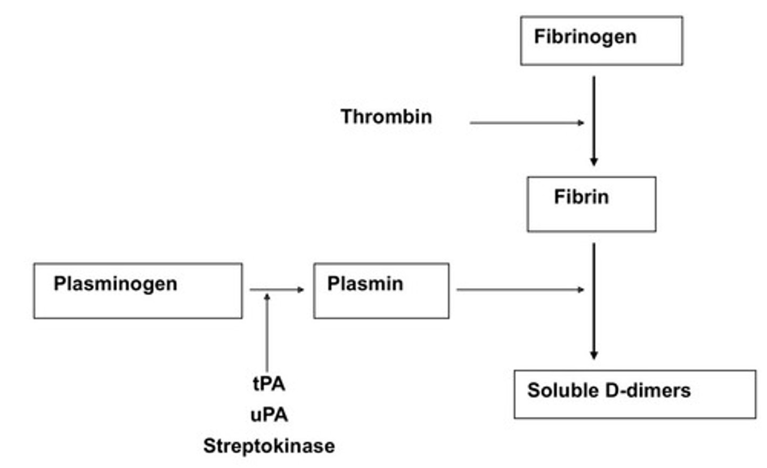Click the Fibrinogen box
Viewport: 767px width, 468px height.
click(x=601, y=41)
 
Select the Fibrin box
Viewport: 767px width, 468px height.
click(x=591, y=204)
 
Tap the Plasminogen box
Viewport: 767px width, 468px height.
click(x=138, y=291)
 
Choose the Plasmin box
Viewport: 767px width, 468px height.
click(x=381, y=291)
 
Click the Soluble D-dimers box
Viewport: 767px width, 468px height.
click(x=634, y=394)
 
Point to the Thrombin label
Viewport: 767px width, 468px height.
click(x=386, y=117)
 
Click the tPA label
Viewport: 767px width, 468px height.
click(x=269, y=384)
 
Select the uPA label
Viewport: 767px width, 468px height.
click(x=269, y=415)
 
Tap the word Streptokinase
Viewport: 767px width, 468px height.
click(x=269, y=446)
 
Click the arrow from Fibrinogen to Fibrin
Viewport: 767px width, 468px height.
click(x=594, y=120)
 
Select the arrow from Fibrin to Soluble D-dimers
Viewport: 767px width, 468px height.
click(x=594, y=301)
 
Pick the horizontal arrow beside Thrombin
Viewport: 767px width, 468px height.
click(x=526, y=123)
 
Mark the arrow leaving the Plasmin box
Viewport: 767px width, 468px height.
click(x=520, y=289)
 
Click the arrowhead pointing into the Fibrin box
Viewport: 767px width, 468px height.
click(x=594, y=162)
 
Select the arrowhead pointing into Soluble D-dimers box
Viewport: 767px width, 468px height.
click(x=594, y=356)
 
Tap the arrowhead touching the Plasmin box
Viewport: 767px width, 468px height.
click(x=301, y=289)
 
